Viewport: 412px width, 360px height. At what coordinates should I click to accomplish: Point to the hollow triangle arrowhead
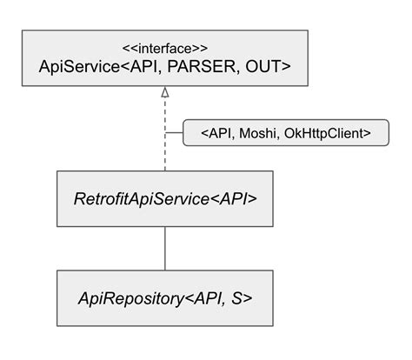point(164,103)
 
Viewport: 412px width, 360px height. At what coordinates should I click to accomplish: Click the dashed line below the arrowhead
point(164,148)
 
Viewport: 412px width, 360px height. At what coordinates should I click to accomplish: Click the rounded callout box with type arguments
point(286,133)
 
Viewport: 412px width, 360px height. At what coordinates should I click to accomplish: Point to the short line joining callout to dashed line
point(174,133)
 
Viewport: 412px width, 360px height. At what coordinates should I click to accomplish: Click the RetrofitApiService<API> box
point(164,198)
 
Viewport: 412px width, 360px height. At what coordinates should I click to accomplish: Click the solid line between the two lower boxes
point(164,249)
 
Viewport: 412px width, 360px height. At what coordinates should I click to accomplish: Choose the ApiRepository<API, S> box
point(164,298)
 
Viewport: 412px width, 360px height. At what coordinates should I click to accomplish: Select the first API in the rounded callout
point(221,133)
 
